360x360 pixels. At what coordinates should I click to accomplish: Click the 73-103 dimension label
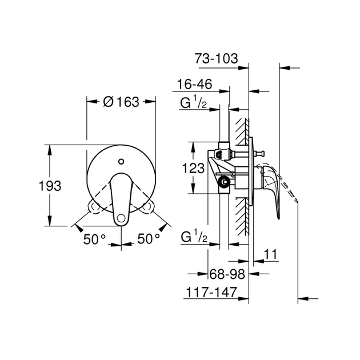click(x=215, y=58)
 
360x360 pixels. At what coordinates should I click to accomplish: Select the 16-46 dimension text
click(x=194, y=85)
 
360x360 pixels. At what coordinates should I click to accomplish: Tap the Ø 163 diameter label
click(x=121, y=102)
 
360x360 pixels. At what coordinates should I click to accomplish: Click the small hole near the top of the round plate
click(x=121, y=161)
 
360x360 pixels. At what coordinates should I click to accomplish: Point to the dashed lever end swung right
click(x=150, y=205)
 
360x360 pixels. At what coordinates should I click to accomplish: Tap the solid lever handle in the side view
click(x=273, y=189)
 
